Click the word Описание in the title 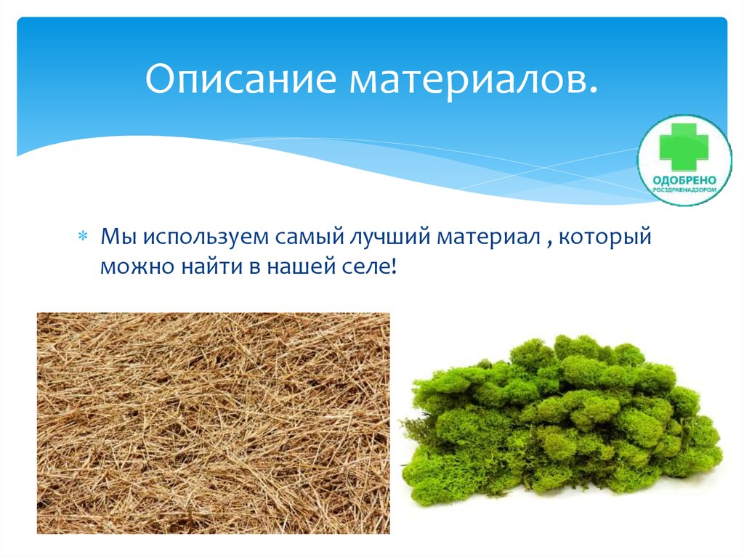(242, 81)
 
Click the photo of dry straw (213, 423)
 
